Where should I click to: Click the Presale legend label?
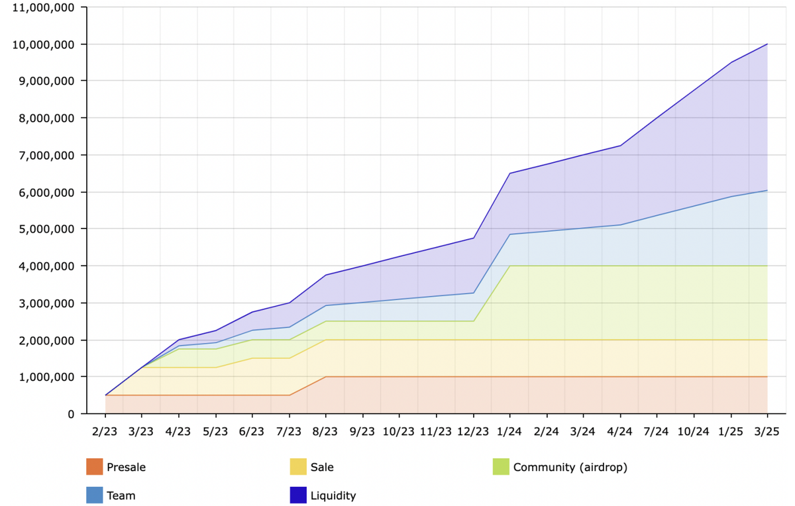[126, 467]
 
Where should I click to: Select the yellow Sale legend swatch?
[298, 467]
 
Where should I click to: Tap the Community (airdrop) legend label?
[570, 467]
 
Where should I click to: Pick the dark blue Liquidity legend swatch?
[298, 495]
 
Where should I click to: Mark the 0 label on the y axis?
[71, 414]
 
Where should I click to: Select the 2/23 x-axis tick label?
[105, 432]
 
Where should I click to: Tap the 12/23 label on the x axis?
[473, 432]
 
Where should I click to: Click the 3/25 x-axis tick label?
[767, 432]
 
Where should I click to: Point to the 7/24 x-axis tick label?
[657, 432]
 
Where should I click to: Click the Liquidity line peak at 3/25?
[767, 44]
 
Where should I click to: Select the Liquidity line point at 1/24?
[509, 173]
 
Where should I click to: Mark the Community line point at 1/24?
[509, 266]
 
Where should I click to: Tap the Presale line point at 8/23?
[326, 377]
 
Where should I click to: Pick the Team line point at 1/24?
[509, 234]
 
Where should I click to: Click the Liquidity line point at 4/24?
[620, 146]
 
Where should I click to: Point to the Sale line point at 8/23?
[326, 340]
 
